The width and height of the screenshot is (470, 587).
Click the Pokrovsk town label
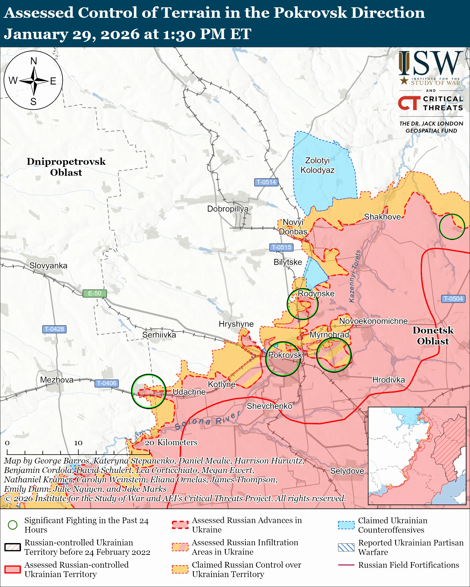[285, 355]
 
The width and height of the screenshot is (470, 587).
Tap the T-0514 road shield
[266, 182]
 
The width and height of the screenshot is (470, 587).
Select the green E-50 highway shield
[95, 293]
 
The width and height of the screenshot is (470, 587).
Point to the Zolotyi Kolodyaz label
[317, 165]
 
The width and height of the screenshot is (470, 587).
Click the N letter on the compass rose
[34, 61]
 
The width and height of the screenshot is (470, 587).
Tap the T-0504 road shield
[453, 299]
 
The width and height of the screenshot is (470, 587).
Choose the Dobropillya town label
[228, 209]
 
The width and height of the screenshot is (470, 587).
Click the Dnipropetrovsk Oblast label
[66, 167]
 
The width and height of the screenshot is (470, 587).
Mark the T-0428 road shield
[54, 329]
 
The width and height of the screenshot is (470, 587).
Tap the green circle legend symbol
[13, 525]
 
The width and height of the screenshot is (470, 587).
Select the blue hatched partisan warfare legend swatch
[346, 547]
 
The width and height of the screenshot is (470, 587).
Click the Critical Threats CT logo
[409, 103]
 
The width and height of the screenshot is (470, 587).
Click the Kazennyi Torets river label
[355, 276]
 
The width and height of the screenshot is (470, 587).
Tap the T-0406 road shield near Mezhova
[107, 383]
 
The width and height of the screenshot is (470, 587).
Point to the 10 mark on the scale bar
[78, 443]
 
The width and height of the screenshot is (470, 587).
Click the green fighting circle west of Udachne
[148, 391]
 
